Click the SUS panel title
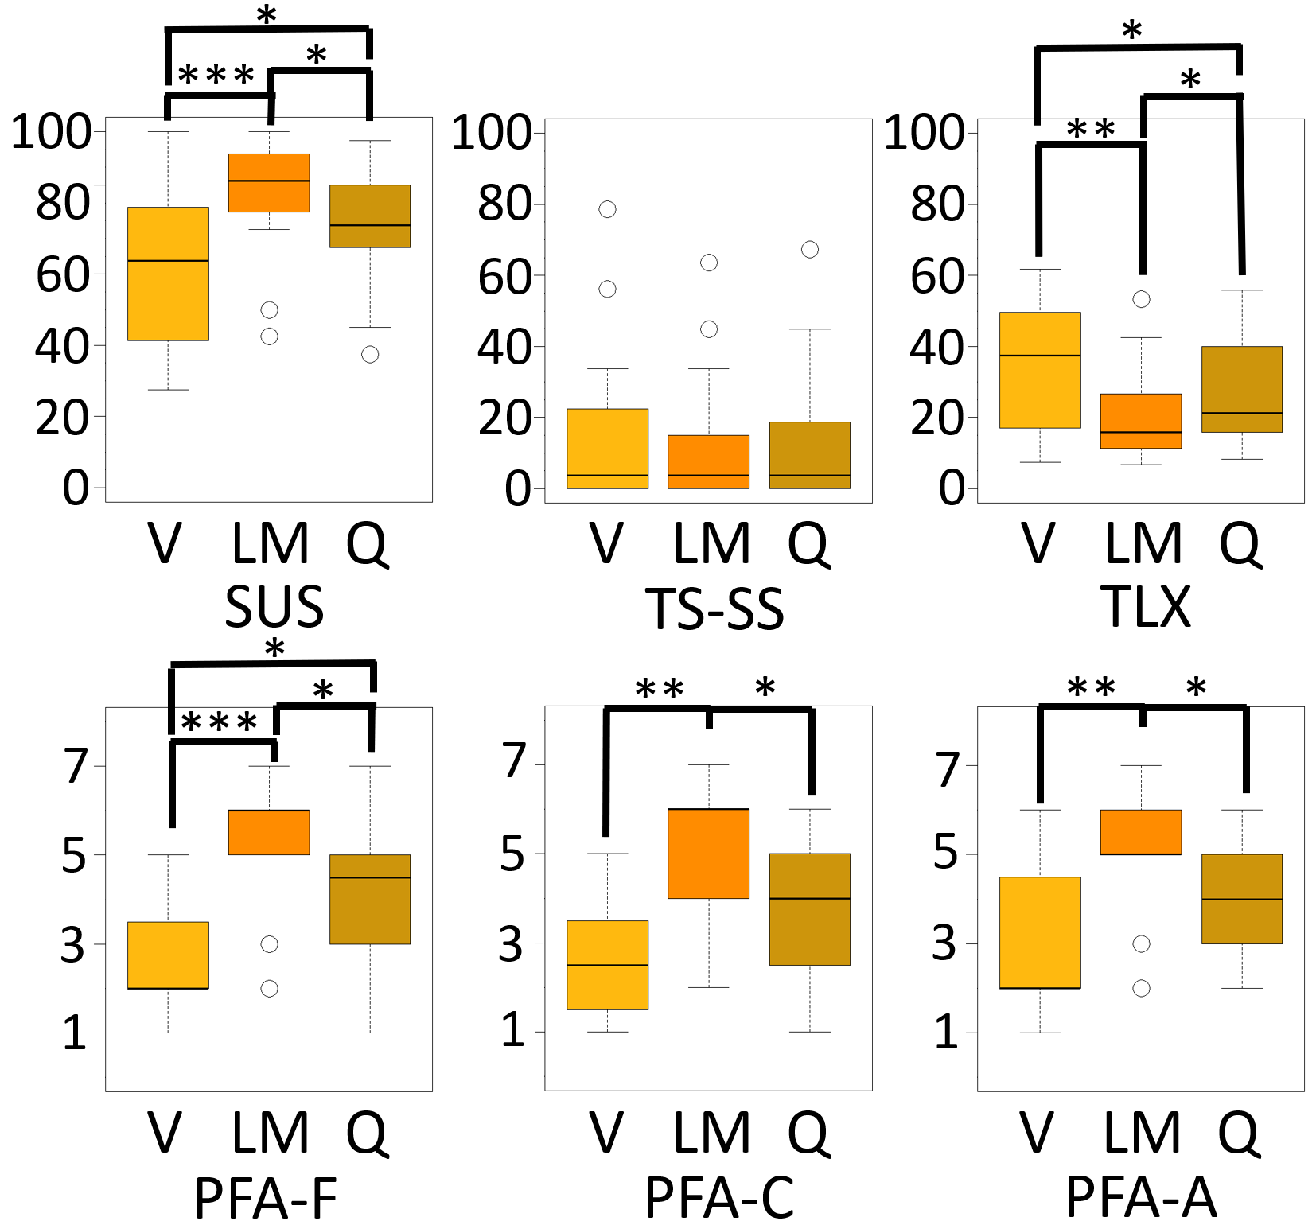[274, 607]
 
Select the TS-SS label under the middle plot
[714, 609]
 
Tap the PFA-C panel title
[719, 1197]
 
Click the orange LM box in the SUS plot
[269, 183]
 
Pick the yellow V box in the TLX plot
[1040, 370]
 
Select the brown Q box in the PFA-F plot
[370, 899]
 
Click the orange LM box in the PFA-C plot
[708, 854]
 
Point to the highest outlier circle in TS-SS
[607, 209]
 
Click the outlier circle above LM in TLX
[1141, 299]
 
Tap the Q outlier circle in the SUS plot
[370, 354]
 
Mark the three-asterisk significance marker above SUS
[216, 76]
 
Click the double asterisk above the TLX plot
[1091, 129]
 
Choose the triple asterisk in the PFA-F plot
[220, 723]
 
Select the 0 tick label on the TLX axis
[952, 488]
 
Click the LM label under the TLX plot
[1143, 544]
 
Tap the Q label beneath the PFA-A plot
[1239, 1134]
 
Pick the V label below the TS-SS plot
[606, 544]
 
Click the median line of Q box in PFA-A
[1242, 899]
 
